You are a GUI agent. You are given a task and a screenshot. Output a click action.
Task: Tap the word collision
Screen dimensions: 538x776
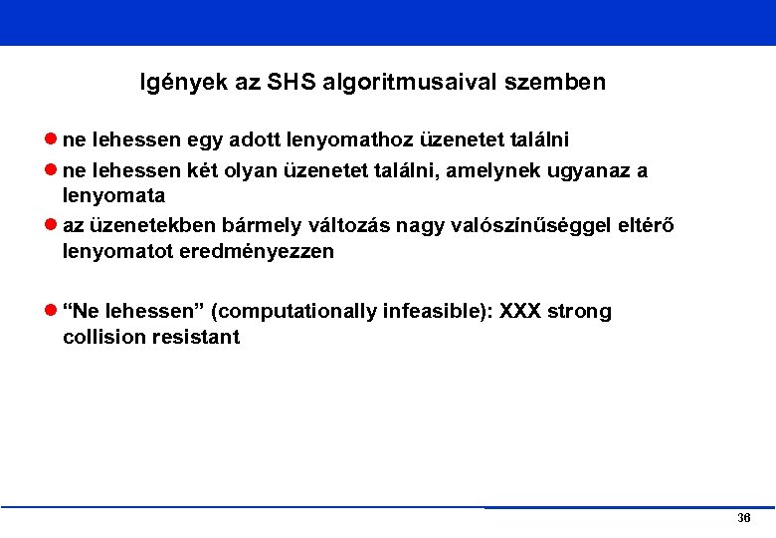pyautogui.click(x=103, y=338)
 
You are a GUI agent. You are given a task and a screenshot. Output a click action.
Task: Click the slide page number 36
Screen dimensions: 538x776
pyautogui.click(x=743, y=519)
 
